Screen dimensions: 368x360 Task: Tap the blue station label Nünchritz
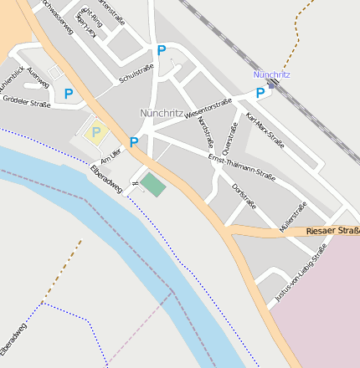(272, 74)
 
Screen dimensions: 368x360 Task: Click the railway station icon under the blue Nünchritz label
(271, 84)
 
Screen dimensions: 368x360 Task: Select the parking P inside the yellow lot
(95, 132)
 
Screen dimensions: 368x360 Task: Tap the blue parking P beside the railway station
(260, 94)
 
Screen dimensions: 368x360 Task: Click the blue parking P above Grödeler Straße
(69, 94)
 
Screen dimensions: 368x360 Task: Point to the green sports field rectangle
(152, 184)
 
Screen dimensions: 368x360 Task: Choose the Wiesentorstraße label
(208, 108)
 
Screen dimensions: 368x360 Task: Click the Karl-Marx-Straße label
(265, 130)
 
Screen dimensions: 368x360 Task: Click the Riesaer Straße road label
(332, 230)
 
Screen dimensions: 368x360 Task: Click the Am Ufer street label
(111, 156)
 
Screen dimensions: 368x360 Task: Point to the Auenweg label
(38, 75)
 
